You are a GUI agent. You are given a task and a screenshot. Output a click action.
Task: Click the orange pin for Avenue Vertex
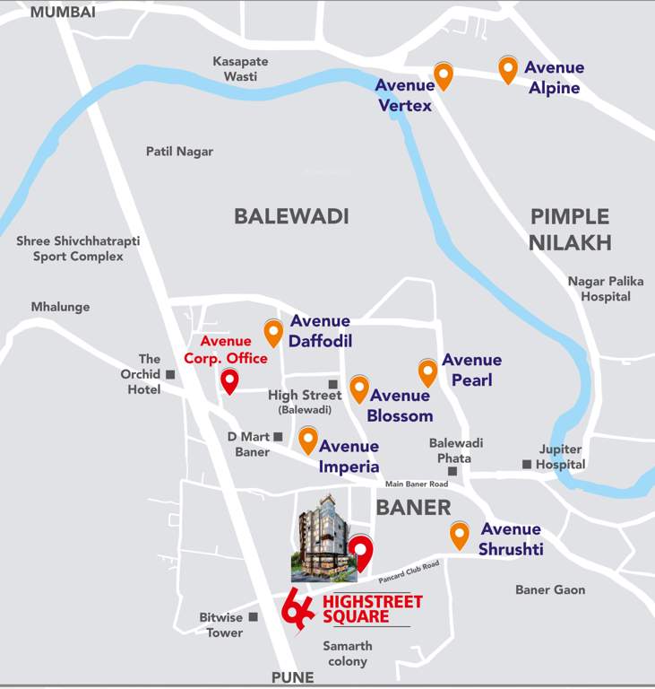pos(443,75)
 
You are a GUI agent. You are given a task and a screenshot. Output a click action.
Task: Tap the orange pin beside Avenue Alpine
pos(508,69)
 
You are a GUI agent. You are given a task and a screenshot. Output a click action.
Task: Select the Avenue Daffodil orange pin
pos(273,332)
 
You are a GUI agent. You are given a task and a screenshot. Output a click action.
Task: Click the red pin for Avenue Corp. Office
pos(229,380)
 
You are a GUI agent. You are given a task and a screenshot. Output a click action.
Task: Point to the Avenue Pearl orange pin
pos(427,371)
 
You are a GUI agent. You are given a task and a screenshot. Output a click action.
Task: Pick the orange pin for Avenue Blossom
pos(358,388)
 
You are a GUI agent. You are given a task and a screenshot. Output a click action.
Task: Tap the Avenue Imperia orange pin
pos(307,440)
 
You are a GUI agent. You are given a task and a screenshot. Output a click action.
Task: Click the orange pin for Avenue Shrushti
pos(460,535)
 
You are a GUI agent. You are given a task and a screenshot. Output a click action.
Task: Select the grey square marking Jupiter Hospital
pos(527,464)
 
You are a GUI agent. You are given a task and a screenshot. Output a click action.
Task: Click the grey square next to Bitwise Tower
pos(254,617)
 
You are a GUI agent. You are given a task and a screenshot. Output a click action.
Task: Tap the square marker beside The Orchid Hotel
pos(169,374)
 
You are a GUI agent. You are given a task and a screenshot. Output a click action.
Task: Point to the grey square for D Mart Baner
pos(278,437)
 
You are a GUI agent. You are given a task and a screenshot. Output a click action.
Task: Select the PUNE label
pos(293,676)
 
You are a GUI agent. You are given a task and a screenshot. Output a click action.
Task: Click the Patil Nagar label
pos(179,152)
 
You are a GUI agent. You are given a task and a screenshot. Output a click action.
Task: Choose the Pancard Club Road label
pos(409,571)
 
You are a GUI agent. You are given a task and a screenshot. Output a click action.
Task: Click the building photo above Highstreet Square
pos(323,536)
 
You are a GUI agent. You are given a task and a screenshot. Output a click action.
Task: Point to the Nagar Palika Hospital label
pos(606,289)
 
